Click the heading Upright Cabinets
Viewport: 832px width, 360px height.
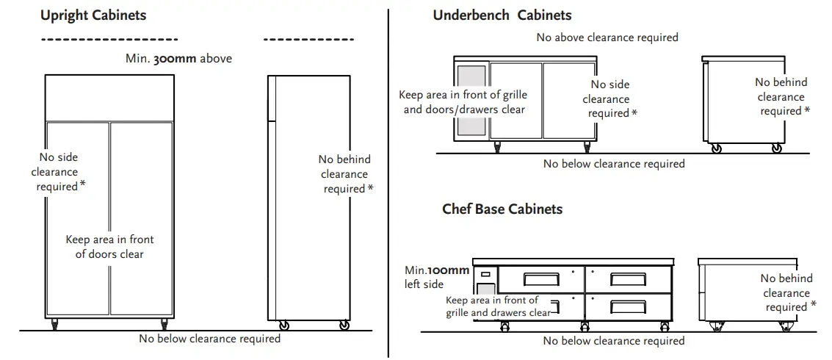[x=93, y=15]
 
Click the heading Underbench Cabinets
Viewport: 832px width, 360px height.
[x=502, y=15]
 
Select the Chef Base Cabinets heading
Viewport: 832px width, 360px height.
[x=502, y=209]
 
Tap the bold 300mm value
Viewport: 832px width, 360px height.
[x=175, y=58]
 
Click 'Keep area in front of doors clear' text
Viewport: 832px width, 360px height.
[x=109, y=247]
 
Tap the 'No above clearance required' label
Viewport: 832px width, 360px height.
[x=607, y=37]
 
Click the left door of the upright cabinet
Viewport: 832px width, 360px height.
[x=78, y=220]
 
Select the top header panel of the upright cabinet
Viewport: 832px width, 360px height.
[x=109, y=97]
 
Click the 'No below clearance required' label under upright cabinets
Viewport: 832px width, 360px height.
[x=209, y=339]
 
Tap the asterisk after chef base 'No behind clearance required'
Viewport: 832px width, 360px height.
[x=813, y=306]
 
